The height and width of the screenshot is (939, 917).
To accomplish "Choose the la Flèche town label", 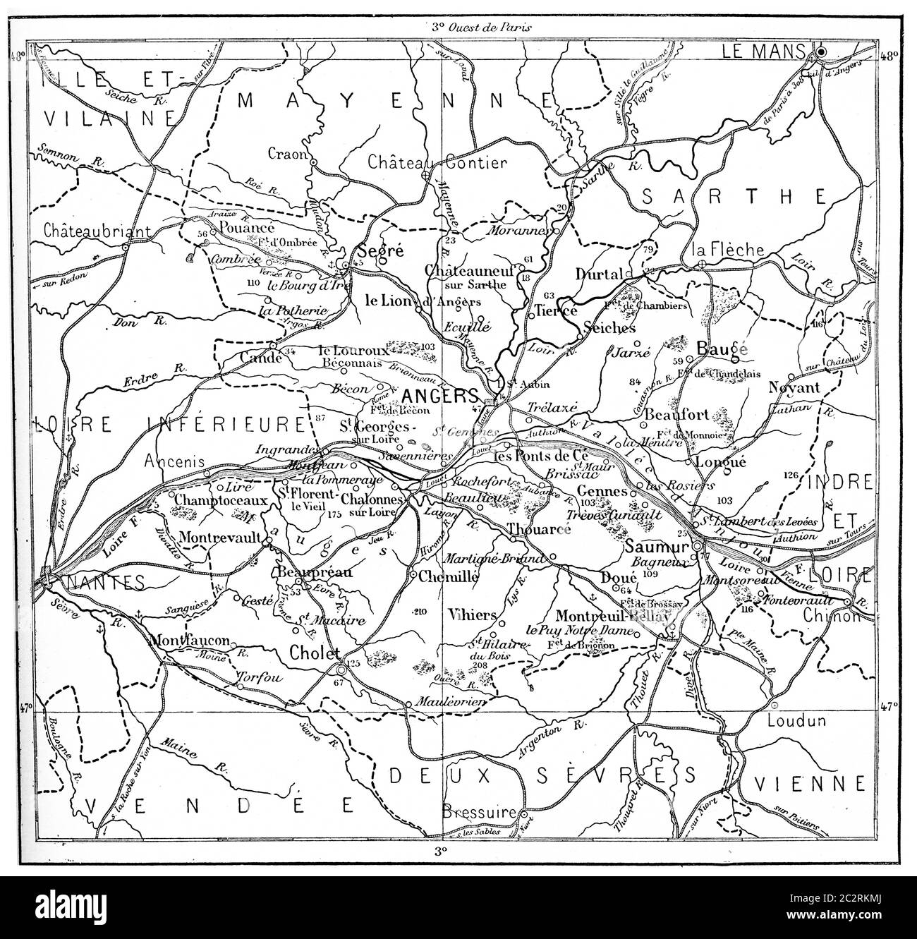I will [x=718, y=249].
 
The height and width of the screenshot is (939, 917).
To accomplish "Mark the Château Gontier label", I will [x=437, y=163].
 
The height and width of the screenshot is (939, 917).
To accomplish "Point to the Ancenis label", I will [x=174, y=461].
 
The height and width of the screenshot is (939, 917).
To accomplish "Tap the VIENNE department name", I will [x=809, y=783].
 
